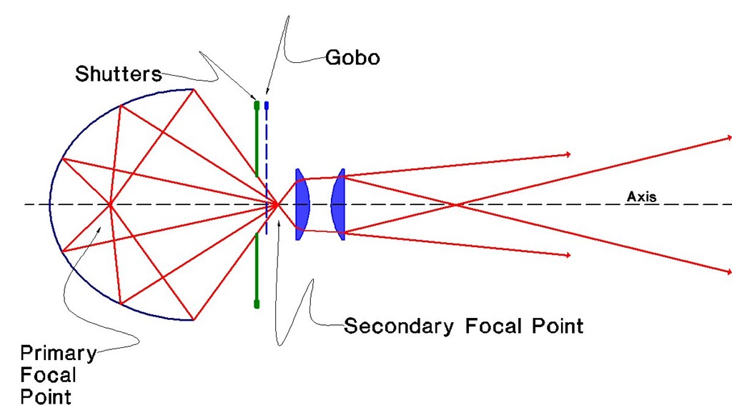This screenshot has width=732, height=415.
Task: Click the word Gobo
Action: [x=352, y=58]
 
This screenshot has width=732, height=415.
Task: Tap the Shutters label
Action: [x=119, y=74]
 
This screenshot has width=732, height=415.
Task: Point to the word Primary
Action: [x=57, y=352]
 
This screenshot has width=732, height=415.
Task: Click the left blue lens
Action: [x=302, y=204]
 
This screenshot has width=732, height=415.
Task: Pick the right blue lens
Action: [x=340, y=204]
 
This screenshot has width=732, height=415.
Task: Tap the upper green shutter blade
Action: [x=257, y=139]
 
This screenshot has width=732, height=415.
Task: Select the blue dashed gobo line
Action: [x=267, y=164]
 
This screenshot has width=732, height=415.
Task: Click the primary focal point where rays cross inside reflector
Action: [x=110, y=205]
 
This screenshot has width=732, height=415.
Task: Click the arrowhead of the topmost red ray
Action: [x=728, y=136]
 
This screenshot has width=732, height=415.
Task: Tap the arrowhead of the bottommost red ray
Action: [x=728, y=272]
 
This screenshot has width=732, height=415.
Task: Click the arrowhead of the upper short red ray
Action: [x=568, y=154]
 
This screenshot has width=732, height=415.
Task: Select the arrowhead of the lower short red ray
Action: [x=568, y=255]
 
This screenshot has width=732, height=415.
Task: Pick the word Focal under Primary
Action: [x=48, y=374]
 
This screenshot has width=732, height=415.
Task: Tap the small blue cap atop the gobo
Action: [x=267, y=105]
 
